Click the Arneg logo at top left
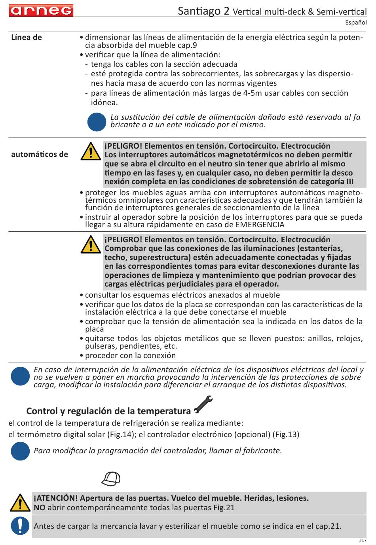click(41, 10)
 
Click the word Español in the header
click(355, 23)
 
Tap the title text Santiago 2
click(203, 11)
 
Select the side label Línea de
click(27, 38)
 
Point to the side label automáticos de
click(40, 154)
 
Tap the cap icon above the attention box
click(111, 479)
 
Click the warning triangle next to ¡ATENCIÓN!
click(20, 503)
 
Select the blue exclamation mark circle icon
click(20, 526)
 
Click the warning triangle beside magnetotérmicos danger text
click(91, 151)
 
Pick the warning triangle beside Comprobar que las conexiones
click(91, 245)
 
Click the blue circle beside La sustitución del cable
click(97, 122)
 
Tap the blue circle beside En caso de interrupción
click(20, 376)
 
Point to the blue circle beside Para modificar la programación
click(20, 451)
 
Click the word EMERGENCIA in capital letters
click(260, 225)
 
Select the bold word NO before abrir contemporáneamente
click(40, 507)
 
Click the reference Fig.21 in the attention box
click(224, 507)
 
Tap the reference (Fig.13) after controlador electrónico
click(286, 434)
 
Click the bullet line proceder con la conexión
click(130, 355)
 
